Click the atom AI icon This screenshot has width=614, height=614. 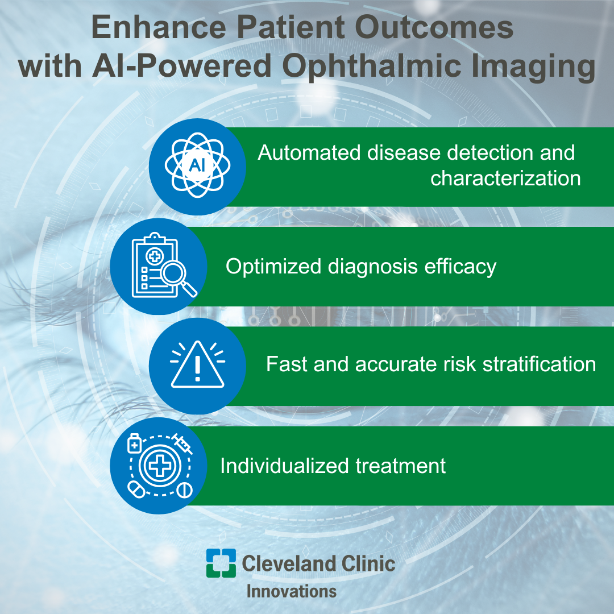[197, 165]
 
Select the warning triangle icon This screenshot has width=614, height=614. [197, 364]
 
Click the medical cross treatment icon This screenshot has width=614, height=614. [160, 465]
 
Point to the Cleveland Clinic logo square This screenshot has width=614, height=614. [221, 563]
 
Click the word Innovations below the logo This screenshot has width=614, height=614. [291, 591]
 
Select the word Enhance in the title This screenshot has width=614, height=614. [159, 27]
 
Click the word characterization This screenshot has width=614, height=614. [505, 179]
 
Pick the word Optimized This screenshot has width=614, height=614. [273, 267]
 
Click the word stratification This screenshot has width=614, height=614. [539, 364]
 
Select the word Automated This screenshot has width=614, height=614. [309, 153]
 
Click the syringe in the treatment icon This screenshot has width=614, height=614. [182, 444]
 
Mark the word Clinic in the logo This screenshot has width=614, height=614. [368, 563]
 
